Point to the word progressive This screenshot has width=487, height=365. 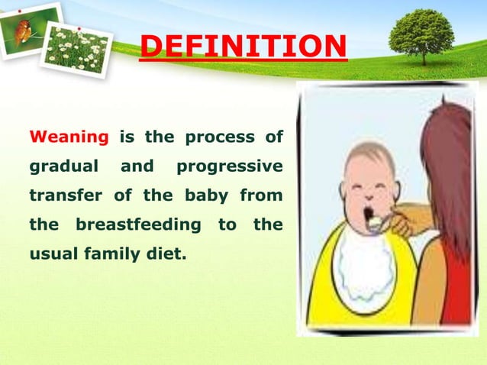[229, 166]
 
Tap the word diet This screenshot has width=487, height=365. [169, 255]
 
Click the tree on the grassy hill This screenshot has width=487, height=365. [422, 34]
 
